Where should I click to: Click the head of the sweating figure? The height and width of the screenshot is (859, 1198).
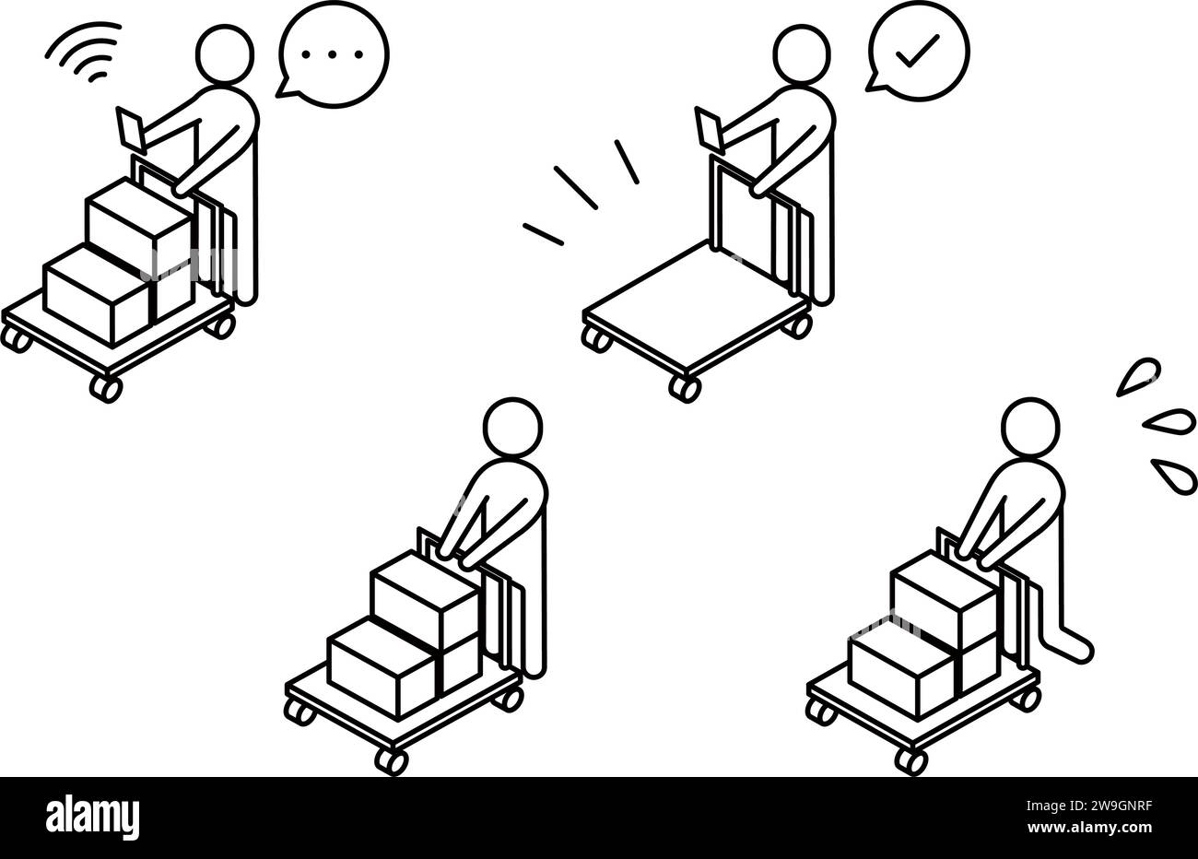1029,427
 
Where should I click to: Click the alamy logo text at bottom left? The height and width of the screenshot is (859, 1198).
93,817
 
